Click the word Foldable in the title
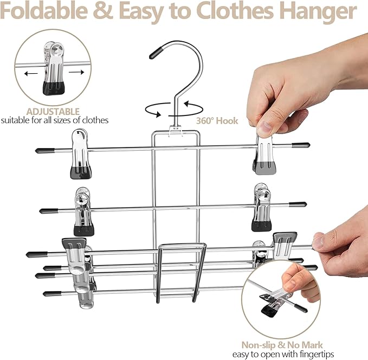[x=44, y=11]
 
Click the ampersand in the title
[x=103, y=11]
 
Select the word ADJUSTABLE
[x=53, y=111]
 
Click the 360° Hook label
[x=217, y=121]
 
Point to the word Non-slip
[x=258, y=345]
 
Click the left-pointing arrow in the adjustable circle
[x=31, y=74]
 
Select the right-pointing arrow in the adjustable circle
[x=76, y=72]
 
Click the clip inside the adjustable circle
[x=54, y=68]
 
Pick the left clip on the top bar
[x=80, y=154]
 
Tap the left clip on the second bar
[x=83, y=212]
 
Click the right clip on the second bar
[x=262, y=208]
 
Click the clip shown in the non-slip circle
[x=275, y=301]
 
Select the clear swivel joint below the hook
[x=176, y=130]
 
